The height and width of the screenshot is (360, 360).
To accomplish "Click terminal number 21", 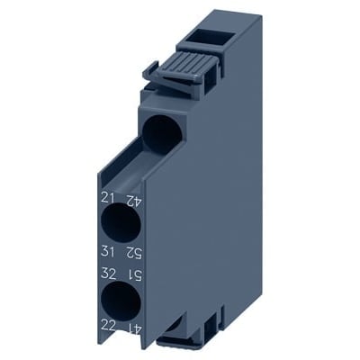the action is [x=108, y=198].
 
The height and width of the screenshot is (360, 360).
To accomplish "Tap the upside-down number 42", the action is [x=133, y=200].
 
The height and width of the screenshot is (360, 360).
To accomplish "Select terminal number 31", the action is [x=108, y=251].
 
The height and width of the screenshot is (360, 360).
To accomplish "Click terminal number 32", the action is [x=109, y=274].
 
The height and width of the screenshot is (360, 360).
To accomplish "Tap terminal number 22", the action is [x=108, y=326].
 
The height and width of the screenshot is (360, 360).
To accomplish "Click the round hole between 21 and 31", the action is [x=121, y=223].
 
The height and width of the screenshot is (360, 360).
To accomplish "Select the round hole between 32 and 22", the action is [x=121, y=301].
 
